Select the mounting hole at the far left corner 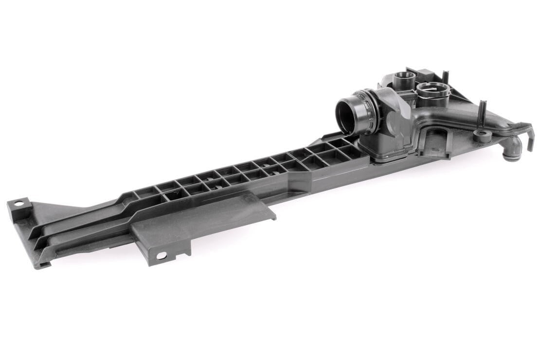pyautogui.click(x=18, y=203)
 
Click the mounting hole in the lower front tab pyautogui.click(x=161, y=255)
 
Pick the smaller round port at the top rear pyautogui.click(x=403, y=77)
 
